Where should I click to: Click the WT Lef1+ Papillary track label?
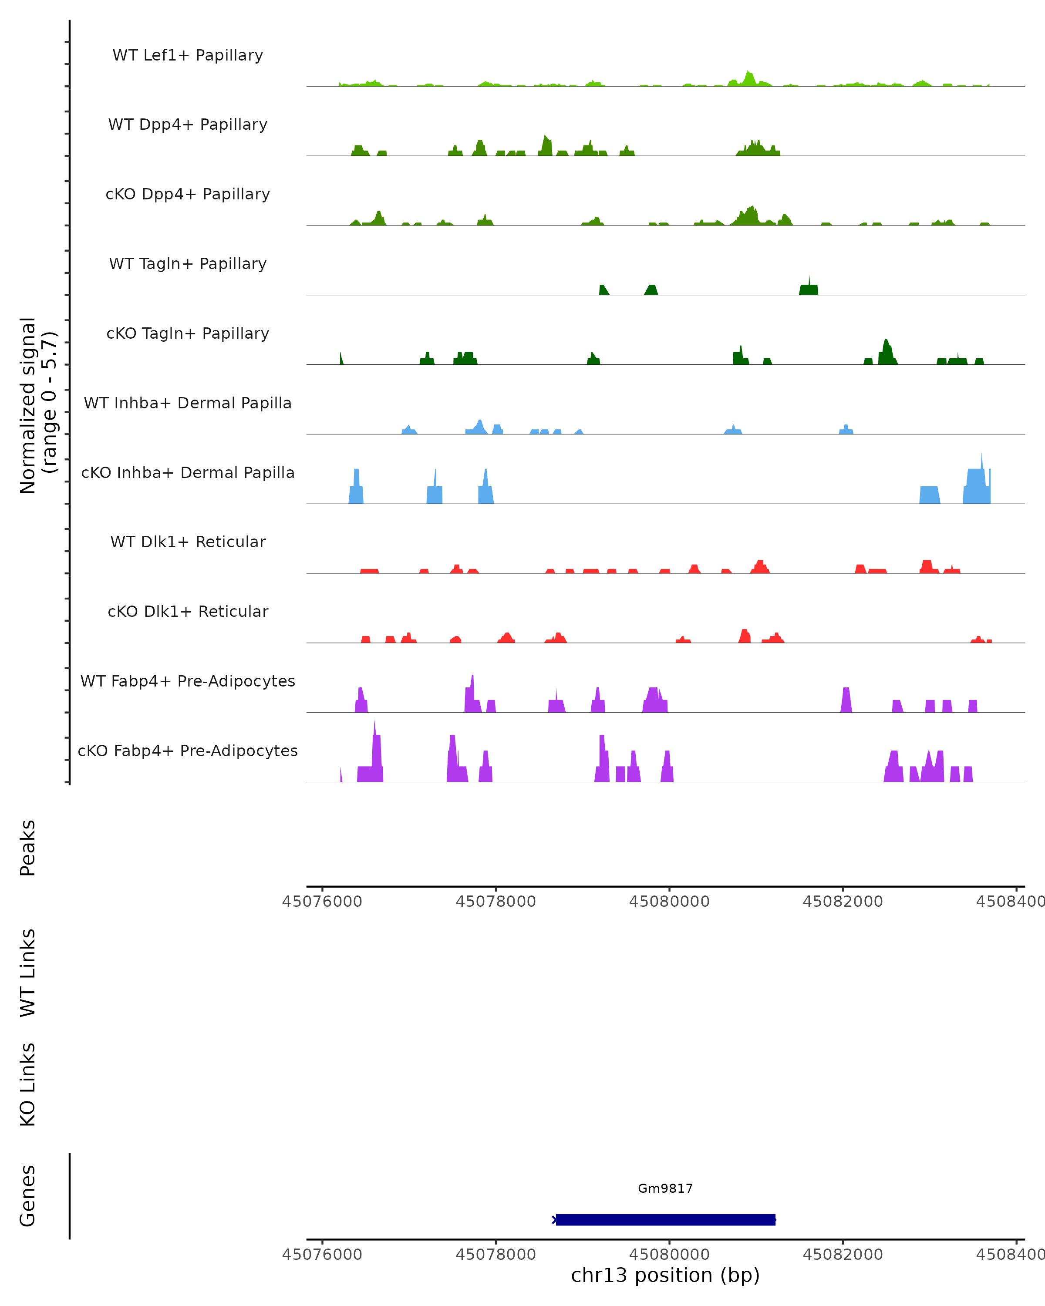(188, 55)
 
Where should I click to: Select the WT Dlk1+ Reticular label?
(188, 542)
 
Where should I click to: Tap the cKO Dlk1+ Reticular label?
(188, 611)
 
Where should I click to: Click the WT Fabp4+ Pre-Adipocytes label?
(188, 681)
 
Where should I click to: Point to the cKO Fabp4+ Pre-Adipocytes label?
(188, 751)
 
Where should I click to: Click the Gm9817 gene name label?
(665, 1188)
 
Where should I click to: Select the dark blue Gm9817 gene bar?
(665, 1219)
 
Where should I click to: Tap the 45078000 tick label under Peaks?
(496, 902)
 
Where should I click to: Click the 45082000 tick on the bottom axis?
(843, 1254)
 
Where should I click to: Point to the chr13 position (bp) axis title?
(665, 1275)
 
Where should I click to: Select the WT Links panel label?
(28, 972)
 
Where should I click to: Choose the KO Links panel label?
(28, 1085)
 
